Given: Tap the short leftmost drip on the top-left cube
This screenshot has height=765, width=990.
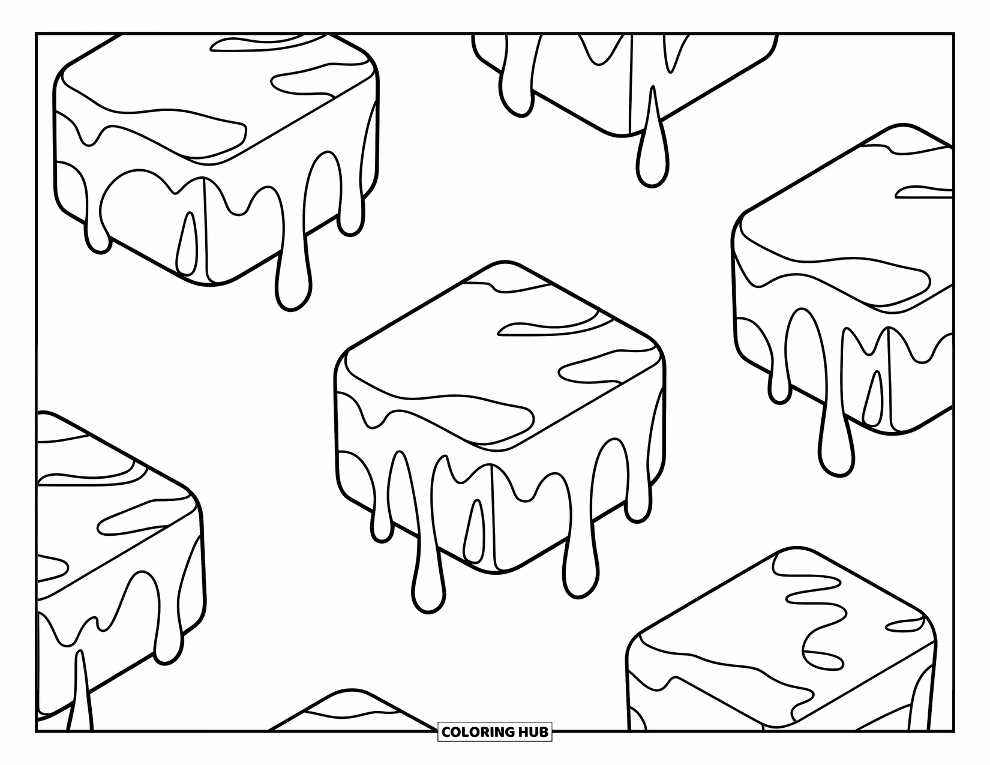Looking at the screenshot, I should (x=98, y=237).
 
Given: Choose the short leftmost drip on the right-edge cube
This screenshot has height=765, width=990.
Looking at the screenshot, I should (x=779, y=384).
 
